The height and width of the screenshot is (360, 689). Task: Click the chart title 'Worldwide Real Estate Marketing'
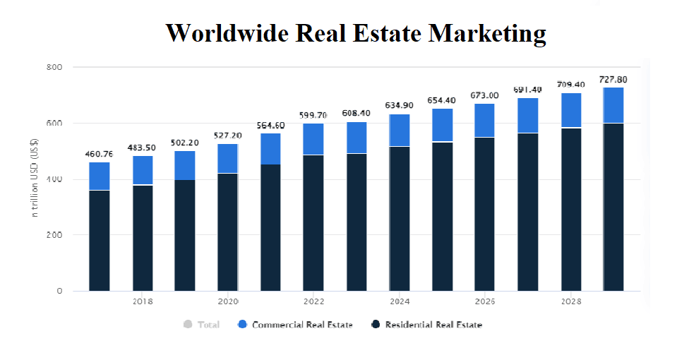(x=355, y=33)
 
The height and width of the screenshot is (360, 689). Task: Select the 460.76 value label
(x=99, y=154)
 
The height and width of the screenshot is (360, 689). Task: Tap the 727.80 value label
(x=613, y=80)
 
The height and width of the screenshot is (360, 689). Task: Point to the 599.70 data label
(x=313, y=115)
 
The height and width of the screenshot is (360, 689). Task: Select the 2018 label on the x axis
(x=143, y=302)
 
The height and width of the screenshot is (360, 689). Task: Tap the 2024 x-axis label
(x=400, y=302)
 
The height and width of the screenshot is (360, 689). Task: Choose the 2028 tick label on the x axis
(x=570, y=302)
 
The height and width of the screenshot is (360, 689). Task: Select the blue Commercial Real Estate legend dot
(x=242, y=325)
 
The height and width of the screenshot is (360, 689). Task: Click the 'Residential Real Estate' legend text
(x=433, y=325)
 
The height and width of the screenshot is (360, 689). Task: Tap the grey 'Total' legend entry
(x=202, y=325)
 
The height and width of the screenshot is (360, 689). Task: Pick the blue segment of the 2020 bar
(x=227, y=158)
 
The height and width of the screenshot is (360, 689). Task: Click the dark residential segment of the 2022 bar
(x=313, y=222)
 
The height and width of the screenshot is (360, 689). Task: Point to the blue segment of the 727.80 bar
(x=613, y=104)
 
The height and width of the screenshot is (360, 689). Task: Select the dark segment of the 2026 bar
(x=484, y=213)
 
